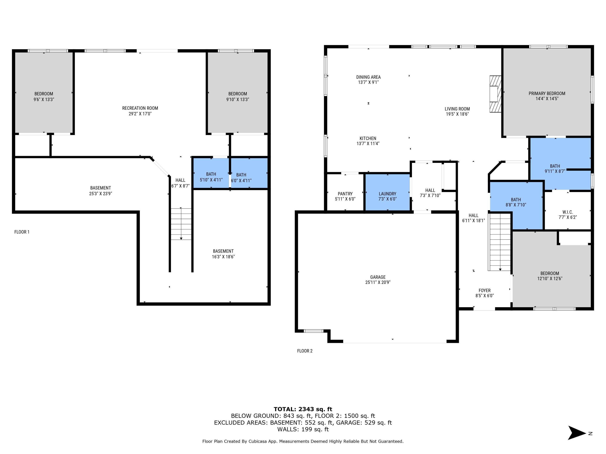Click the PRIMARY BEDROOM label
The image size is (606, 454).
click(x=547, y=93)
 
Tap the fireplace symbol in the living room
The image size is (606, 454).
click(x=495, y=94)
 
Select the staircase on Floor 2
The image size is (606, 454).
click(x=500, y=242)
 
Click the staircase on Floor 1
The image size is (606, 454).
click(x=181, y=224)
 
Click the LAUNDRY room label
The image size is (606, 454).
click(x=387, y=194)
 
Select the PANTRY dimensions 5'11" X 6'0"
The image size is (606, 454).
click(x=345, y=199)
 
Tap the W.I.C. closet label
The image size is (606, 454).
click(x=568, y=212)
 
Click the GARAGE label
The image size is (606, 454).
click(x=378, y=277)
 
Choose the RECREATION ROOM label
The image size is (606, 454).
click(x=140, y=108)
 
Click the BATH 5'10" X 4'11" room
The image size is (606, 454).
click(x=211, y=177)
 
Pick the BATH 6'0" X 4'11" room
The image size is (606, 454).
click(x=241, y=178)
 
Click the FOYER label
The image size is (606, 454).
click(x=484, y=291)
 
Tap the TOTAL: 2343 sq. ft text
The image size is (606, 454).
click(x=303, y=409)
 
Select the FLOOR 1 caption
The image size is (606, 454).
click(x=22, y=232)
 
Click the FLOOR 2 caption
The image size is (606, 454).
click(x=305, y=351)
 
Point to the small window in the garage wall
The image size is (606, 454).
click(x=314, y=331)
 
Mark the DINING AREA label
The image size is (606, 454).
click(x=368, y=77)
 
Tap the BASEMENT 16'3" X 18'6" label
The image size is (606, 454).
click(x=223, y=251)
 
